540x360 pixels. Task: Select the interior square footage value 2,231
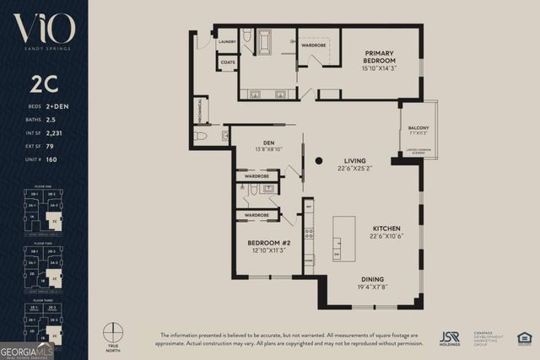pos(54,132)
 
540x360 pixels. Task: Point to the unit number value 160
pos(50,159)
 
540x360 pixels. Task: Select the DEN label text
pos(269,142)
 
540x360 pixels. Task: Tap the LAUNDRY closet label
pos(227,41)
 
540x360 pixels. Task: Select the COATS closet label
pos(228,62)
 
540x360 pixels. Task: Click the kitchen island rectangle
pos(343,239)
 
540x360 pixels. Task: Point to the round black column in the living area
pos(319,160)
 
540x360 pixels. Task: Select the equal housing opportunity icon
pos(524,338)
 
